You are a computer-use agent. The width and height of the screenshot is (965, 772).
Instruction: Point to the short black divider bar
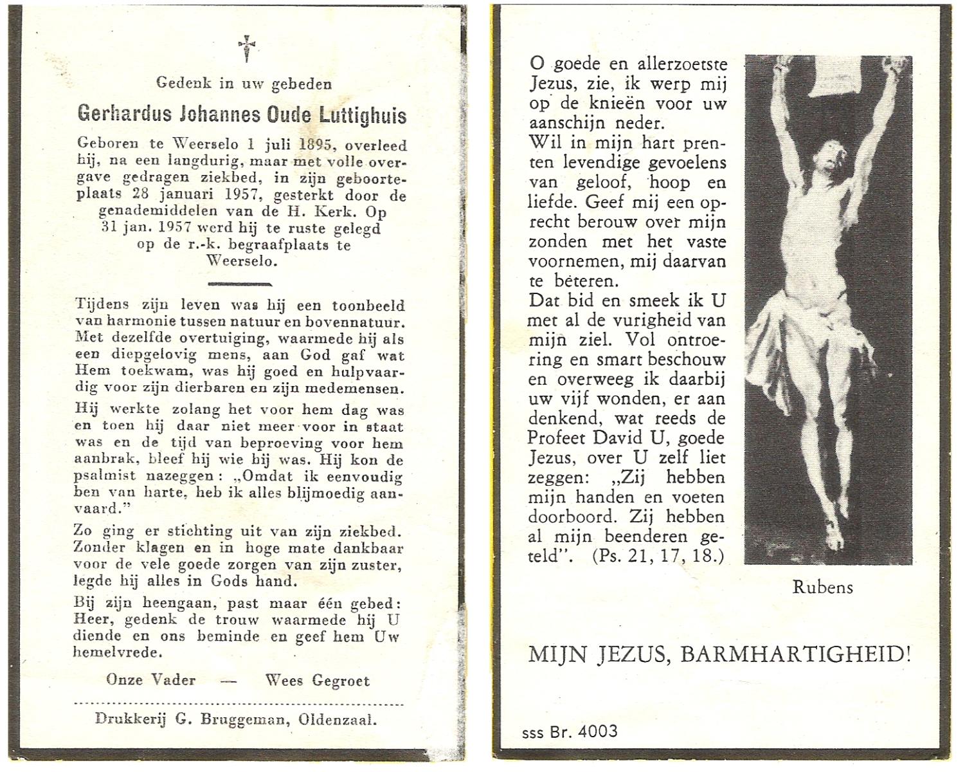point(240,283)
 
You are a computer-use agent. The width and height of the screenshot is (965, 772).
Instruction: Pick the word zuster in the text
point(379,565)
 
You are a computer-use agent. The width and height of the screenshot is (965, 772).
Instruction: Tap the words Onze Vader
point(150,680)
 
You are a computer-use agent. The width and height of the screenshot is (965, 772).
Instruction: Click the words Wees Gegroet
point(318,681)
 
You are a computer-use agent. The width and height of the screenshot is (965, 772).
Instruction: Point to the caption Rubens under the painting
point(822,587)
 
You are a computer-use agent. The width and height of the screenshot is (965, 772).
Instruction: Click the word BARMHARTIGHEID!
point(796,655)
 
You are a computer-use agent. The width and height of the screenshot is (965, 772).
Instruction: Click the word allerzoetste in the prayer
point(673,64)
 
